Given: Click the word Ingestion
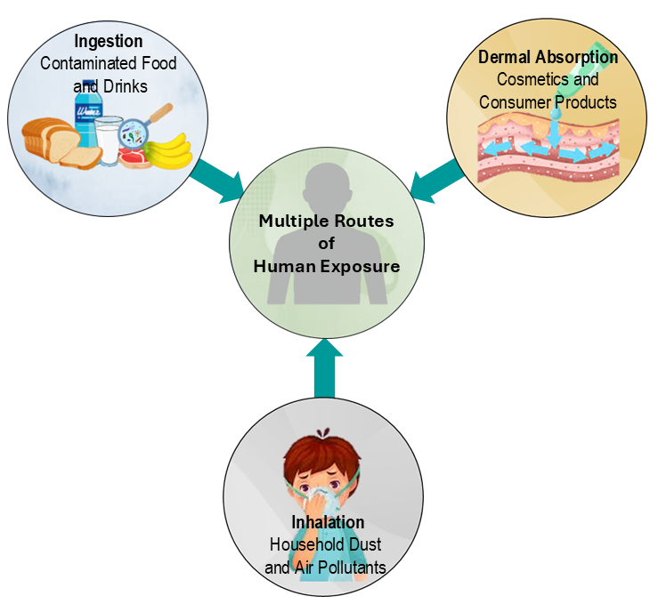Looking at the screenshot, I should (x=109, y=42).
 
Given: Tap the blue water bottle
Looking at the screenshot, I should (x=88, y=120).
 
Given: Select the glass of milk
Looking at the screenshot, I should (x=109, y=140).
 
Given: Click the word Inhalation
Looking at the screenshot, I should (x=328, y=522).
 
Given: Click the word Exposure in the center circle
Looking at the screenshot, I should (x=358, y=266).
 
